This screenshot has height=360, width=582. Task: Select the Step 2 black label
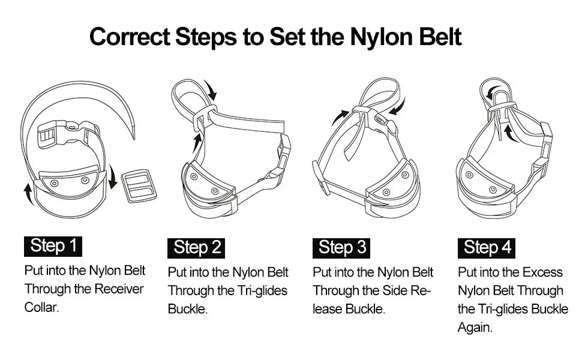pos(197,247)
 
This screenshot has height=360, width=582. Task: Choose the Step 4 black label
pos(487,247)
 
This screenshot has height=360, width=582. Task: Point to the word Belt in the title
pos(436,37)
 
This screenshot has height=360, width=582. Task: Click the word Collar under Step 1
pos(41,308)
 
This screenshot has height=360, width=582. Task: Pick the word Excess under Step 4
pos(542,272)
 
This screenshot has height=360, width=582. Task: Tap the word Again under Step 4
pos(475,328)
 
